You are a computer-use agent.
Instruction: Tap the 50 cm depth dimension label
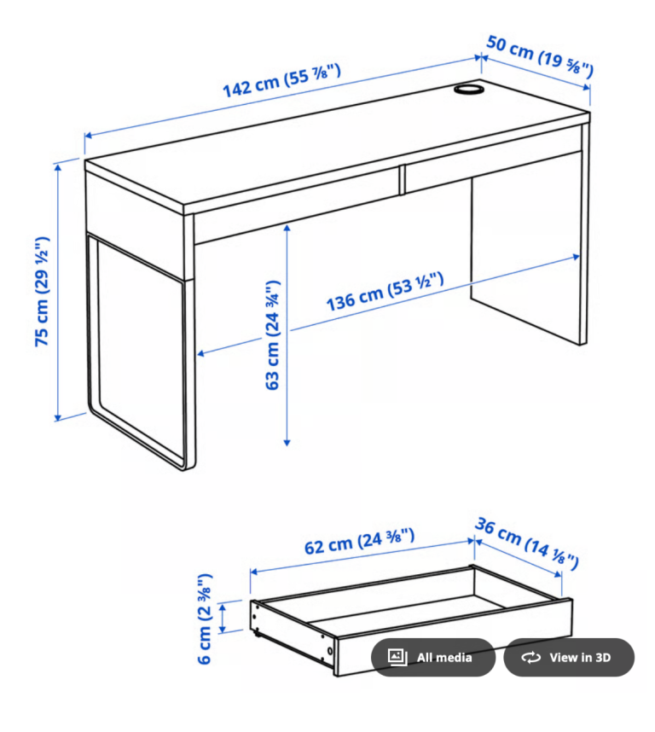tap(540, 56)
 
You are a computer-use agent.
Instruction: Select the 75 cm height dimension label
tap(43, 291)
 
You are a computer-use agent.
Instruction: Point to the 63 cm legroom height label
tap(272, 334)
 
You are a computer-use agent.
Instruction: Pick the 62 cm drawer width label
tap(359, 541)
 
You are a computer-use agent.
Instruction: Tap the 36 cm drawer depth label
tap(527, 543)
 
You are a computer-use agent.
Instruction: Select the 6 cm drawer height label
tap(205, 619)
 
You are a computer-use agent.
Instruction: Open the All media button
tap(433, 657)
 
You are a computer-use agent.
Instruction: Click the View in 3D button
tap(569, 657)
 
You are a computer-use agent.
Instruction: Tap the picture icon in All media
tap(397, 657)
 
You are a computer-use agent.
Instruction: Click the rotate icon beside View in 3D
tap(530, 657)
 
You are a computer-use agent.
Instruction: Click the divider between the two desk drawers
tap(403, 179)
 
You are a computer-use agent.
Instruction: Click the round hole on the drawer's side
tap(330, 651)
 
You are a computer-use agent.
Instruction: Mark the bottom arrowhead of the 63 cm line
tap(287, 442)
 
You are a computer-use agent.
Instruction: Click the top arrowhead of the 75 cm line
tap(58, 167)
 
